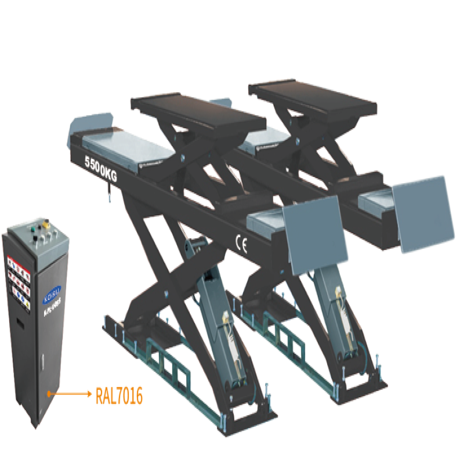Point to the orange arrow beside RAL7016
coord(70,394)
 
